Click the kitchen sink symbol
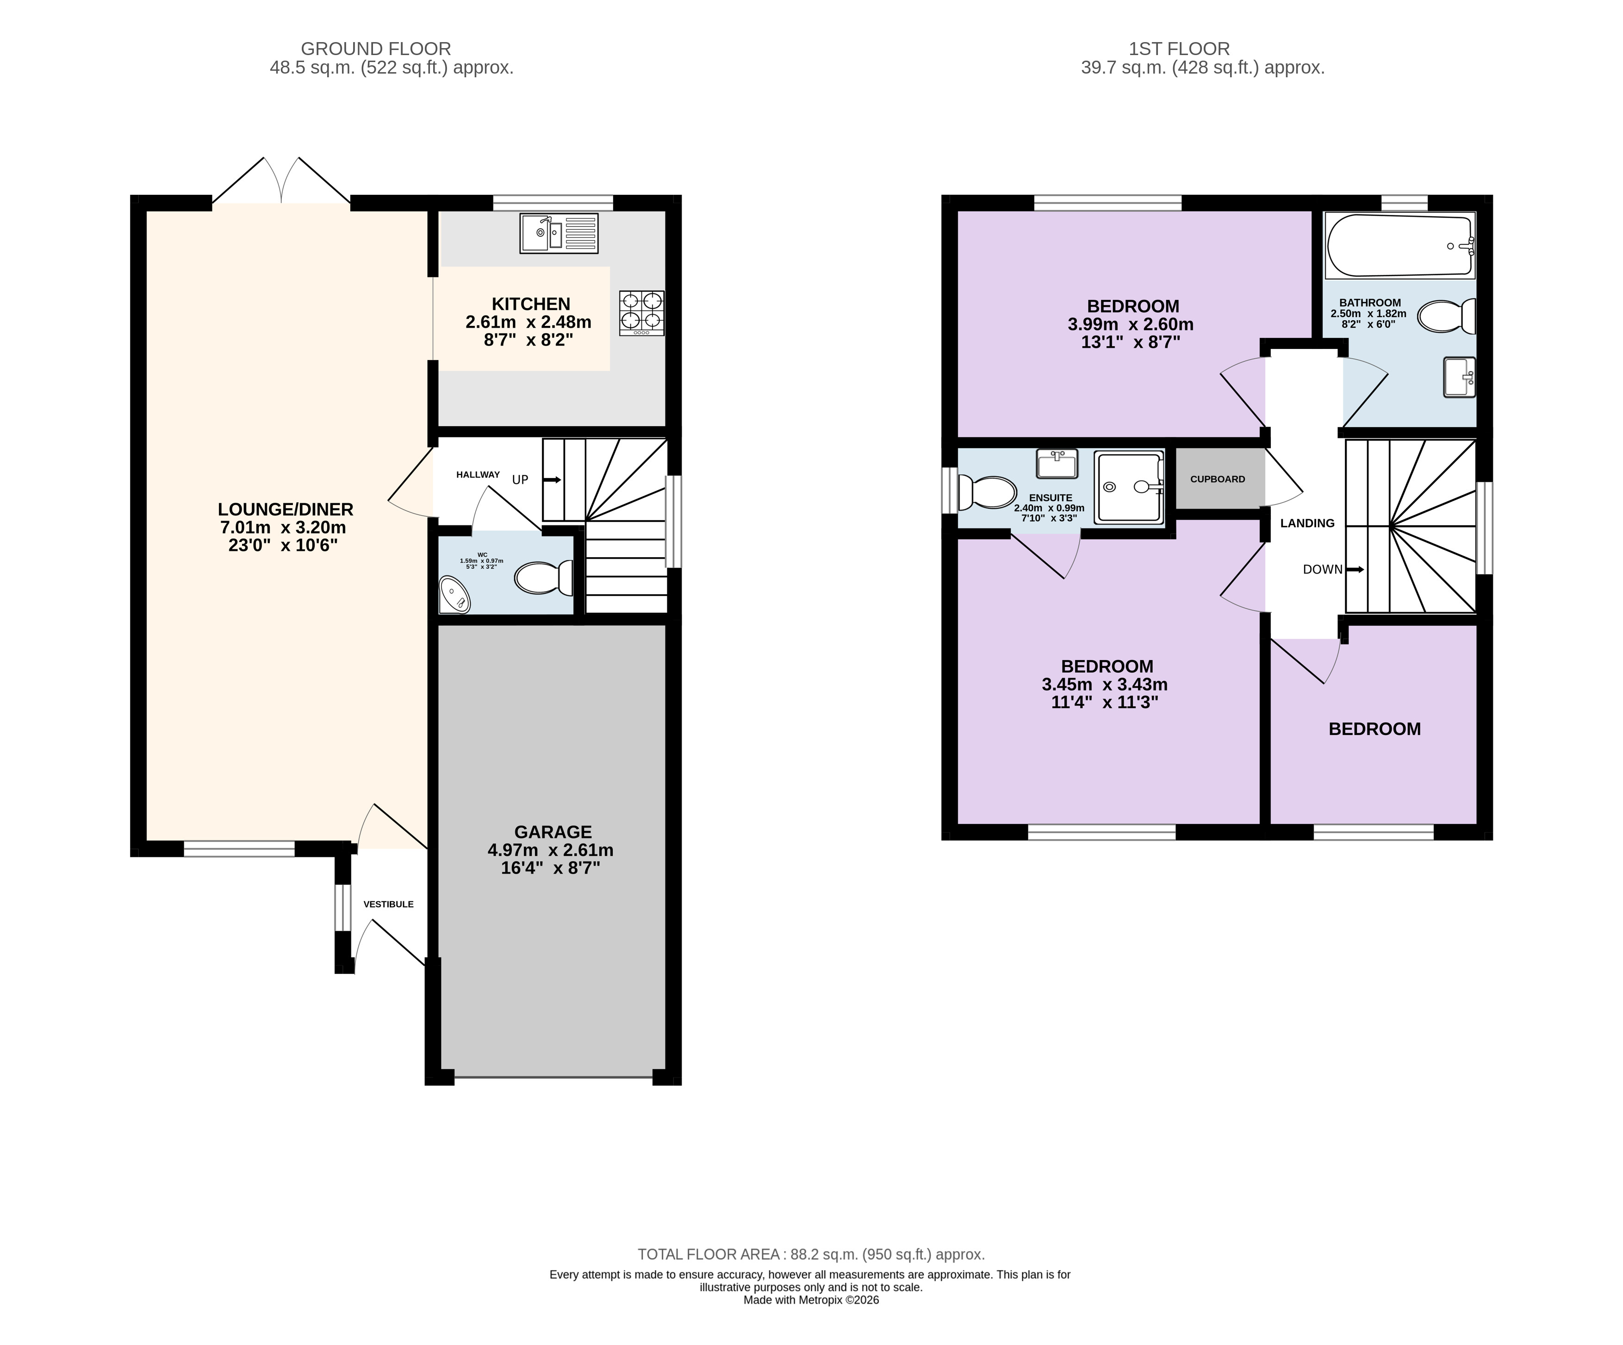[559, 233]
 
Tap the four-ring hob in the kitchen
[641, 313]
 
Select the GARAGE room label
[553, 832]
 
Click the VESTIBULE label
[389, 903]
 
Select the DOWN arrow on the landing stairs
[1355, 570]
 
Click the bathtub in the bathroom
[1399, 246]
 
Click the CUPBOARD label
[1218, 479]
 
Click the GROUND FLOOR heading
[376, 49]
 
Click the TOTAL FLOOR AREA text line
[811, 1255]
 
